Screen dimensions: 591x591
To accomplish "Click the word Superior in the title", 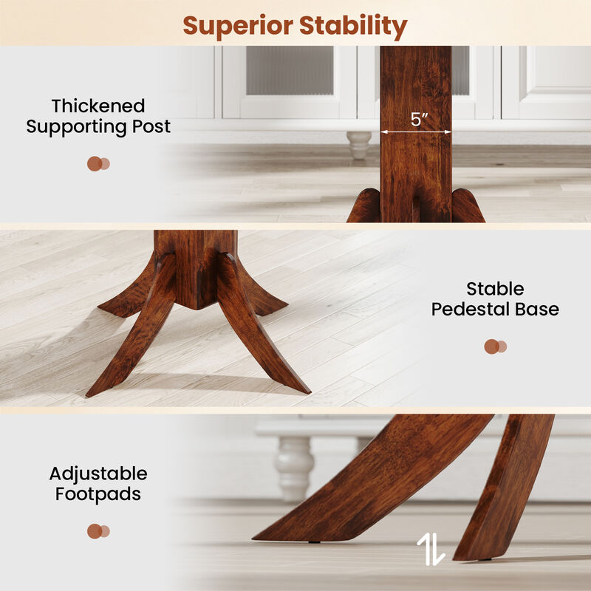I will pyautogui.click(x=237, y=26).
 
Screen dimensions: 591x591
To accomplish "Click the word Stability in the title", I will pyautogui.click(x=353, y=27).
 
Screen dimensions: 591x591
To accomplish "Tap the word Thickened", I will pyautogui.click(x=98, y=106).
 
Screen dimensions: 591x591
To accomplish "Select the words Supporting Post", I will pyautogui.click(x=98, y=126).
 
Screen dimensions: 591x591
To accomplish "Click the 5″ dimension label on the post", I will pyautogui.click(x=420, y=120).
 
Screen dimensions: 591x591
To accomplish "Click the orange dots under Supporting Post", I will pyautogui.click(x=98, y=164).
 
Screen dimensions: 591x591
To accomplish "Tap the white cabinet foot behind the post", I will pyautogui.click(x=359, y=144).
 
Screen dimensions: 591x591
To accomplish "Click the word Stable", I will pyautogui.click(x=495, y=289).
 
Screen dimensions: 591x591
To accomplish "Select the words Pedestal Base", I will pyautogui.click(x=495, y=309).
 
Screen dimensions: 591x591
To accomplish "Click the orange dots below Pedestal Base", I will pyautogui.click(x=495, y=346).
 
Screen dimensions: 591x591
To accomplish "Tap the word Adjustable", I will pyautogui.click(x=98, y=474).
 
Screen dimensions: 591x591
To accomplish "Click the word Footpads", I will pyautogui.click(x=98, y=493).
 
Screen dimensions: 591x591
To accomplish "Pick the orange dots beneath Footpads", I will pyautogui.click(x=98, y=531).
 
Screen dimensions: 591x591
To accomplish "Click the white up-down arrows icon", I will pyautogui.click(x=431, y=549).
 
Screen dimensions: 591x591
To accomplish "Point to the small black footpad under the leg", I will pyautogui.click(x=315, y=542).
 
